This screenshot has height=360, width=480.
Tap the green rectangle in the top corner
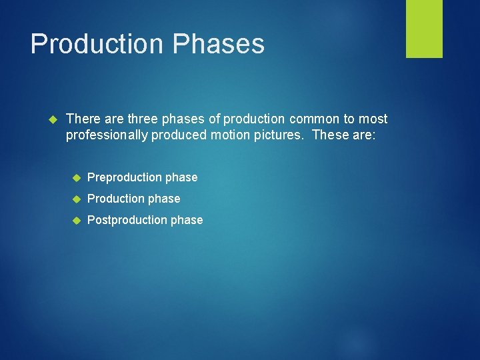(x=424, y=29)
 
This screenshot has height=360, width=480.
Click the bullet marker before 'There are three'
(x=54, y=119)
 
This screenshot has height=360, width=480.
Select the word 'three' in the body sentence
(x=141, y=119)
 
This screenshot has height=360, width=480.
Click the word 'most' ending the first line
(x=373, y=119)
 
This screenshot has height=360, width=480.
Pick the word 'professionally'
(x=107, y=135)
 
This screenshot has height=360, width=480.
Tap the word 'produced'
(x=177, y=135)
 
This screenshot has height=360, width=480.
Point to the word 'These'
(x=329, y=135)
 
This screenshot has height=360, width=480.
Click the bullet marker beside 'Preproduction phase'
(x=76, y=177)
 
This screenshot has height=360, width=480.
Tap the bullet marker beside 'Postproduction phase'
(x=76, y=220)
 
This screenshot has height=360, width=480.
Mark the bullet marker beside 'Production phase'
(x=76, y=199)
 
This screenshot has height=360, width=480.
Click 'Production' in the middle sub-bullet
(x=115, y=199)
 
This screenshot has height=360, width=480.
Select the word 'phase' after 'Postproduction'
(x=186, y=220)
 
